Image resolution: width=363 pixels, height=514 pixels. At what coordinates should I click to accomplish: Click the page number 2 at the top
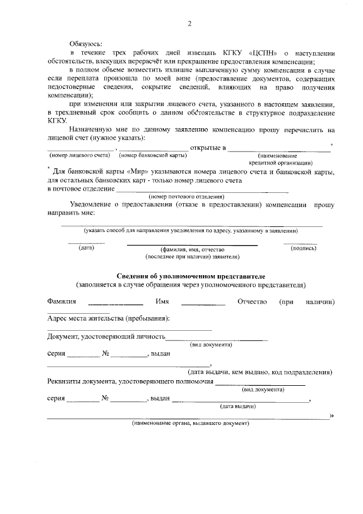(x=189, y=24)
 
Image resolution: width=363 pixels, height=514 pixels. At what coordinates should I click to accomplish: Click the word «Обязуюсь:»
(x=86, y=43)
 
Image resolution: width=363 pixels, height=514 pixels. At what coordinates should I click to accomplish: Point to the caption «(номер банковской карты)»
(x=153, y=155)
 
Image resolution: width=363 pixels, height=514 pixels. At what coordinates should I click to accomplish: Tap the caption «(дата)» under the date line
(x=86, y=248)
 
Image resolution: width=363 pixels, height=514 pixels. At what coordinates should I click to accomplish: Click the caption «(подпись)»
(x=299, y=248)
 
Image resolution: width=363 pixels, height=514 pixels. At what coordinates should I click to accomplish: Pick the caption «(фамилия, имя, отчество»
(x=193, y=250)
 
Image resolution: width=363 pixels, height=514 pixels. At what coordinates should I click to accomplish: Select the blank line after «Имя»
(x=203, y=305)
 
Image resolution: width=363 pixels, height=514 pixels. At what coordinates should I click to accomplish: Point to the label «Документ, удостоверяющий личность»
(x=106, y=337)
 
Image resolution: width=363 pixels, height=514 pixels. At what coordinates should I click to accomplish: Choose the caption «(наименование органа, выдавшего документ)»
(x=190, y=423)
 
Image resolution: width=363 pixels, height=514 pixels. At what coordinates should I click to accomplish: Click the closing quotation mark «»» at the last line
(x=331, y=415)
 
